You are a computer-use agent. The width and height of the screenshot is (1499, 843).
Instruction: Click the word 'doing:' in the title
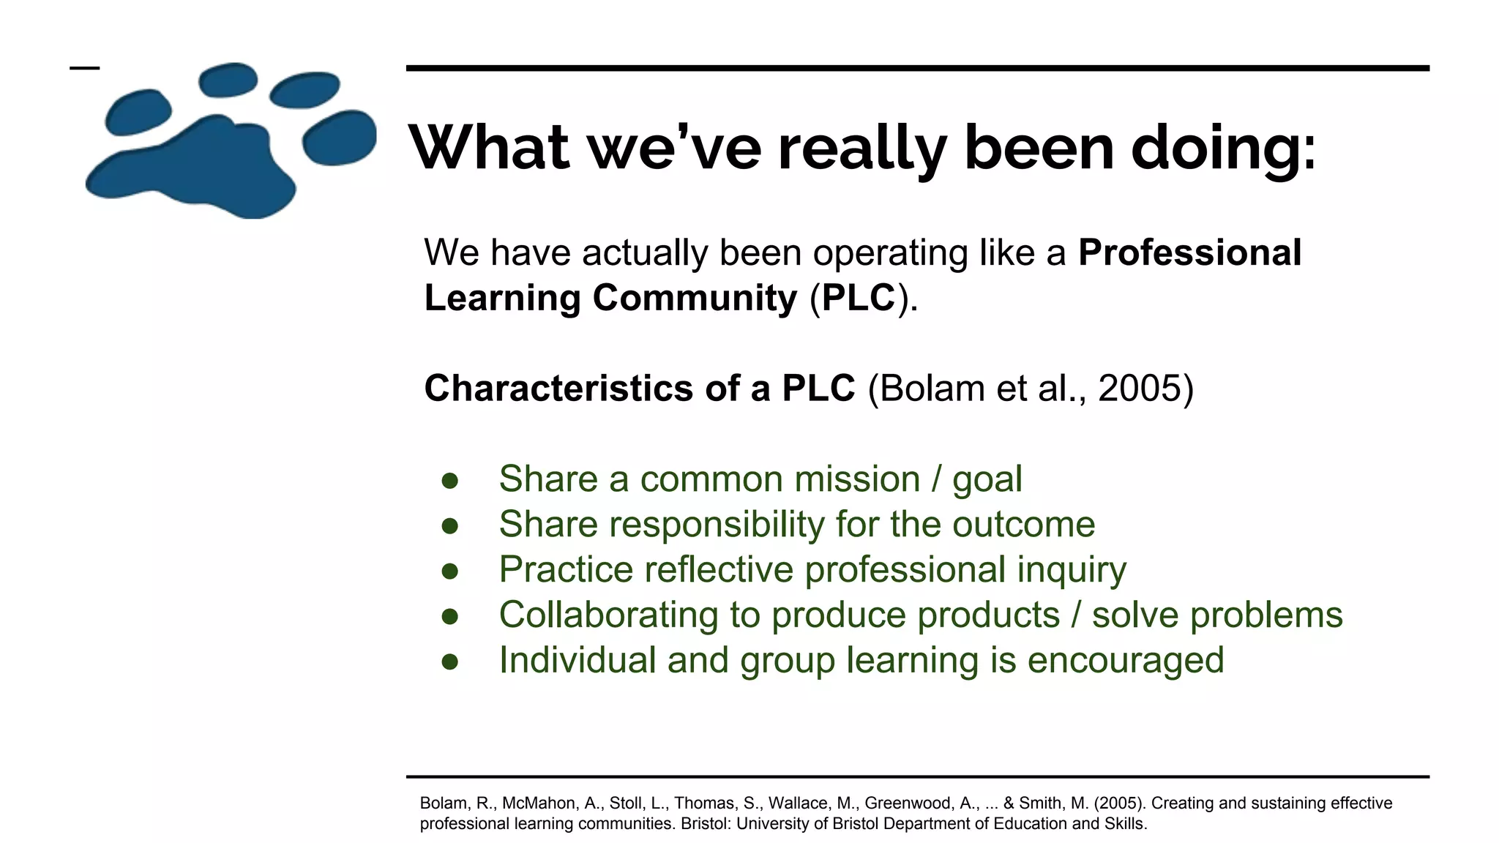pos(1223,149)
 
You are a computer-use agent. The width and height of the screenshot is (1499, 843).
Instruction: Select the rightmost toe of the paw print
pos(339,138)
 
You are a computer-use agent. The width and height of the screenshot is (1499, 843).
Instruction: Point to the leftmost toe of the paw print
pos(138,112)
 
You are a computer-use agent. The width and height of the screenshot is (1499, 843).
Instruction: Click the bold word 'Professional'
pos(1189,252)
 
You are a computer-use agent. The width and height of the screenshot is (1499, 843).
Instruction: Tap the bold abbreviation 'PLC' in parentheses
pos(858,298)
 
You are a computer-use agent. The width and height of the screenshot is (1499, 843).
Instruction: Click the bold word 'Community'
pos(695,298)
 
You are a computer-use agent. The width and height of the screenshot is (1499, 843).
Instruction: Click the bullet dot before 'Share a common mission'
pos(449,481)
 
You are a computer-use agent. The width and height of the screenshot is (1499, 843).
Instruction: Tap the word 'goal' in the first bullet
pos(987,479)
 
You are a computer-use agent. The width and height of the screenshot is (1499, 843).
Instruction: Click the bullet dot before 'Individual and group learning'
pos(449,662)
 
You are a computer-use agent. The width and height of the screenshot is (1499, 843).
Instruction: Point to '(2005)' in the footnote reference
pos(1119,803)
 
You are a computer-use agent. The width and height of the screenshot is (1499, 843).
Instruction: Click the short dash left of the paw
pos(84,68)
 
